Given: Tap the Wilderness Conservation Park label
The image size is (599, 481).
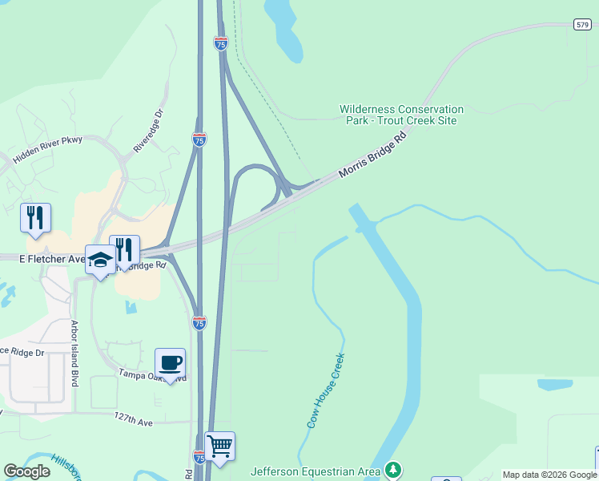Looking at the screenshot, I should pos(401,115).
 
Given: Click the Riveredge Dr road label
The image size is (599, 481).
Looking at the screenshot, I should pos(149,131).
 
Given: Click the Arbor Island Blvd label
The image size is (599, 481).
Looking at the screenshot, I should pos(74,354).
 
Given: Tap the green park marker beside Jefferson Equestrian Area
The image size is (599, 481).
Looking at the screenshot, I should pos(392,469).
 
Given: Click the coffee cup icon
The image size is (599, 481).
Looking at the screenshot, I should pos(170,362).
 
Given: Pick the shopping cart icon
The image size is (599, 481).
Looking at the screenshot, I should pos(219,446).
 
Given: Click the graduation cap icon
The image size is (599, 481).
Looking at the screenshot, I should pos(101,259).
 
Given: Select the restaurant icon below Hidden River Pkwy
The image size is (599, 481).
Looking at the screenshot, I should pos(35,217).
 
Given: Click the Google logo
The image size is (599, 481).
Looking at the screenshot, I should pos(26,471).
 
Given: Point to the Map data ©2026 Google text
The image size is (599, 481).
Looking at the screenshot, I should pos(549,475).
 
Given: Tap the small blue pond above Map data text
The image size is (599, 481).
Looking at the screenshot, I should pos(554,384).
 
